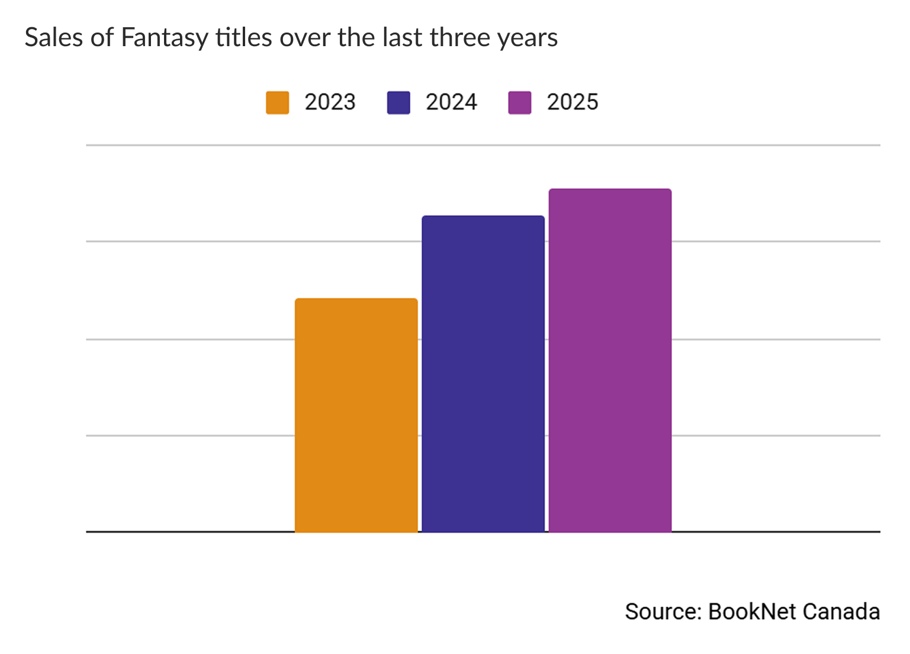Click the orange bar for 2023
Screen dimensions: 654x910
(356, 415)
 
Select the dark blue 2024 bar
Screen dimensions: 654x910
(483, 373)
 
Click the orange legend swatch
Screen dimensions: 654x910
(277, 102)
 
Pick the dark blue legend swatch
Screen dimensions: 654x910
(398, 102)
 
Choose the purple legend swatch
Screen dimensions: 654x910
(519, 102)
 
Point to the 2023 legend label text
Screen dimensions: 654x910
(330, 102)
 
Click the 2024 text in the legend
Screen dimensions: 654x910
(451, 102)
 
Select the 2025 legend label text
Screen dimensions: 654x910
(573, 102)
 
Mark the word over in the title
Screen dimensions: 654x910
(305, 38)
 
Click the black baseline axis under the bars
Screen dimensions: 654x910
(178, 531)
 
